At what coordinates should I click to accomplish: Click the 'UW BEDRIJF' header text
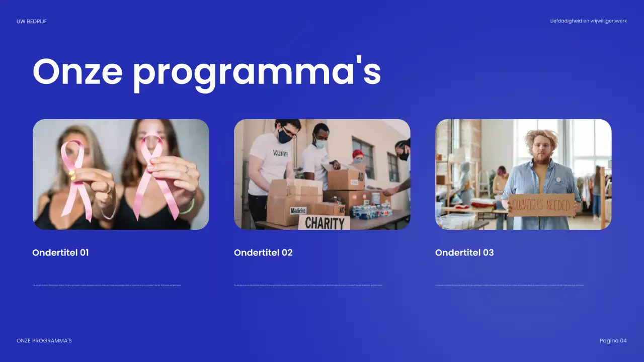[32, 21]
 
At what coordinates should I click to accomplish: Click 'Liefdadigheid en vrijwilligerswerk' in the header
[588, 21]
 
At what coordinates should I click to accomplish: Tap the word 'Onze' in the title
[77, 71]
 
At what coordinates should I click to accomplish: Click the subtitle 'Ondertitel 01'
[60, 252]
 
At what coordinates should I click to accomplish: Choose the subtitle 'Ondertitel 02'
[263, 252]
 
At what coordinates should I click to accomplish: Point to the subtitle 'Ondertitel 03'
[464, 252]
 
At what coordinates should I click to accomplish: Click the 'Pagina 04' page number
[613, 340]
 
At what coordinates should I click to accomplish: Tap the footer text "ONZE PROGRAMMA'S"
[44, 340]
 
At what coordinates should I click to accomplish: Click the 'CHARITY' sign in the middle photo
[324, 223]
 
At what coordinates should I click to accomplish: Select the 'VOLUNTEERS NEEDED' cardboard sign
[541, 205]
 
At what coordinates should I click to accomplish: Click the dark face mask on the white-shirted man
[285, 135]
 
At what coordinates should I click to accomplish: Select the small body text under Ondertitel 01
[107, 285]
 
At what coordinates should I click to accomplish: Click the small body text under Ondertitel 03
[509, 285]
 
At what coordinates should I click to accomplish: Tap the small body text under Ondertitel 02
[308, 285]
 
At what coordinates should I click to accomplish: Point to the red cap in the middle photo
[358, 153]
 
